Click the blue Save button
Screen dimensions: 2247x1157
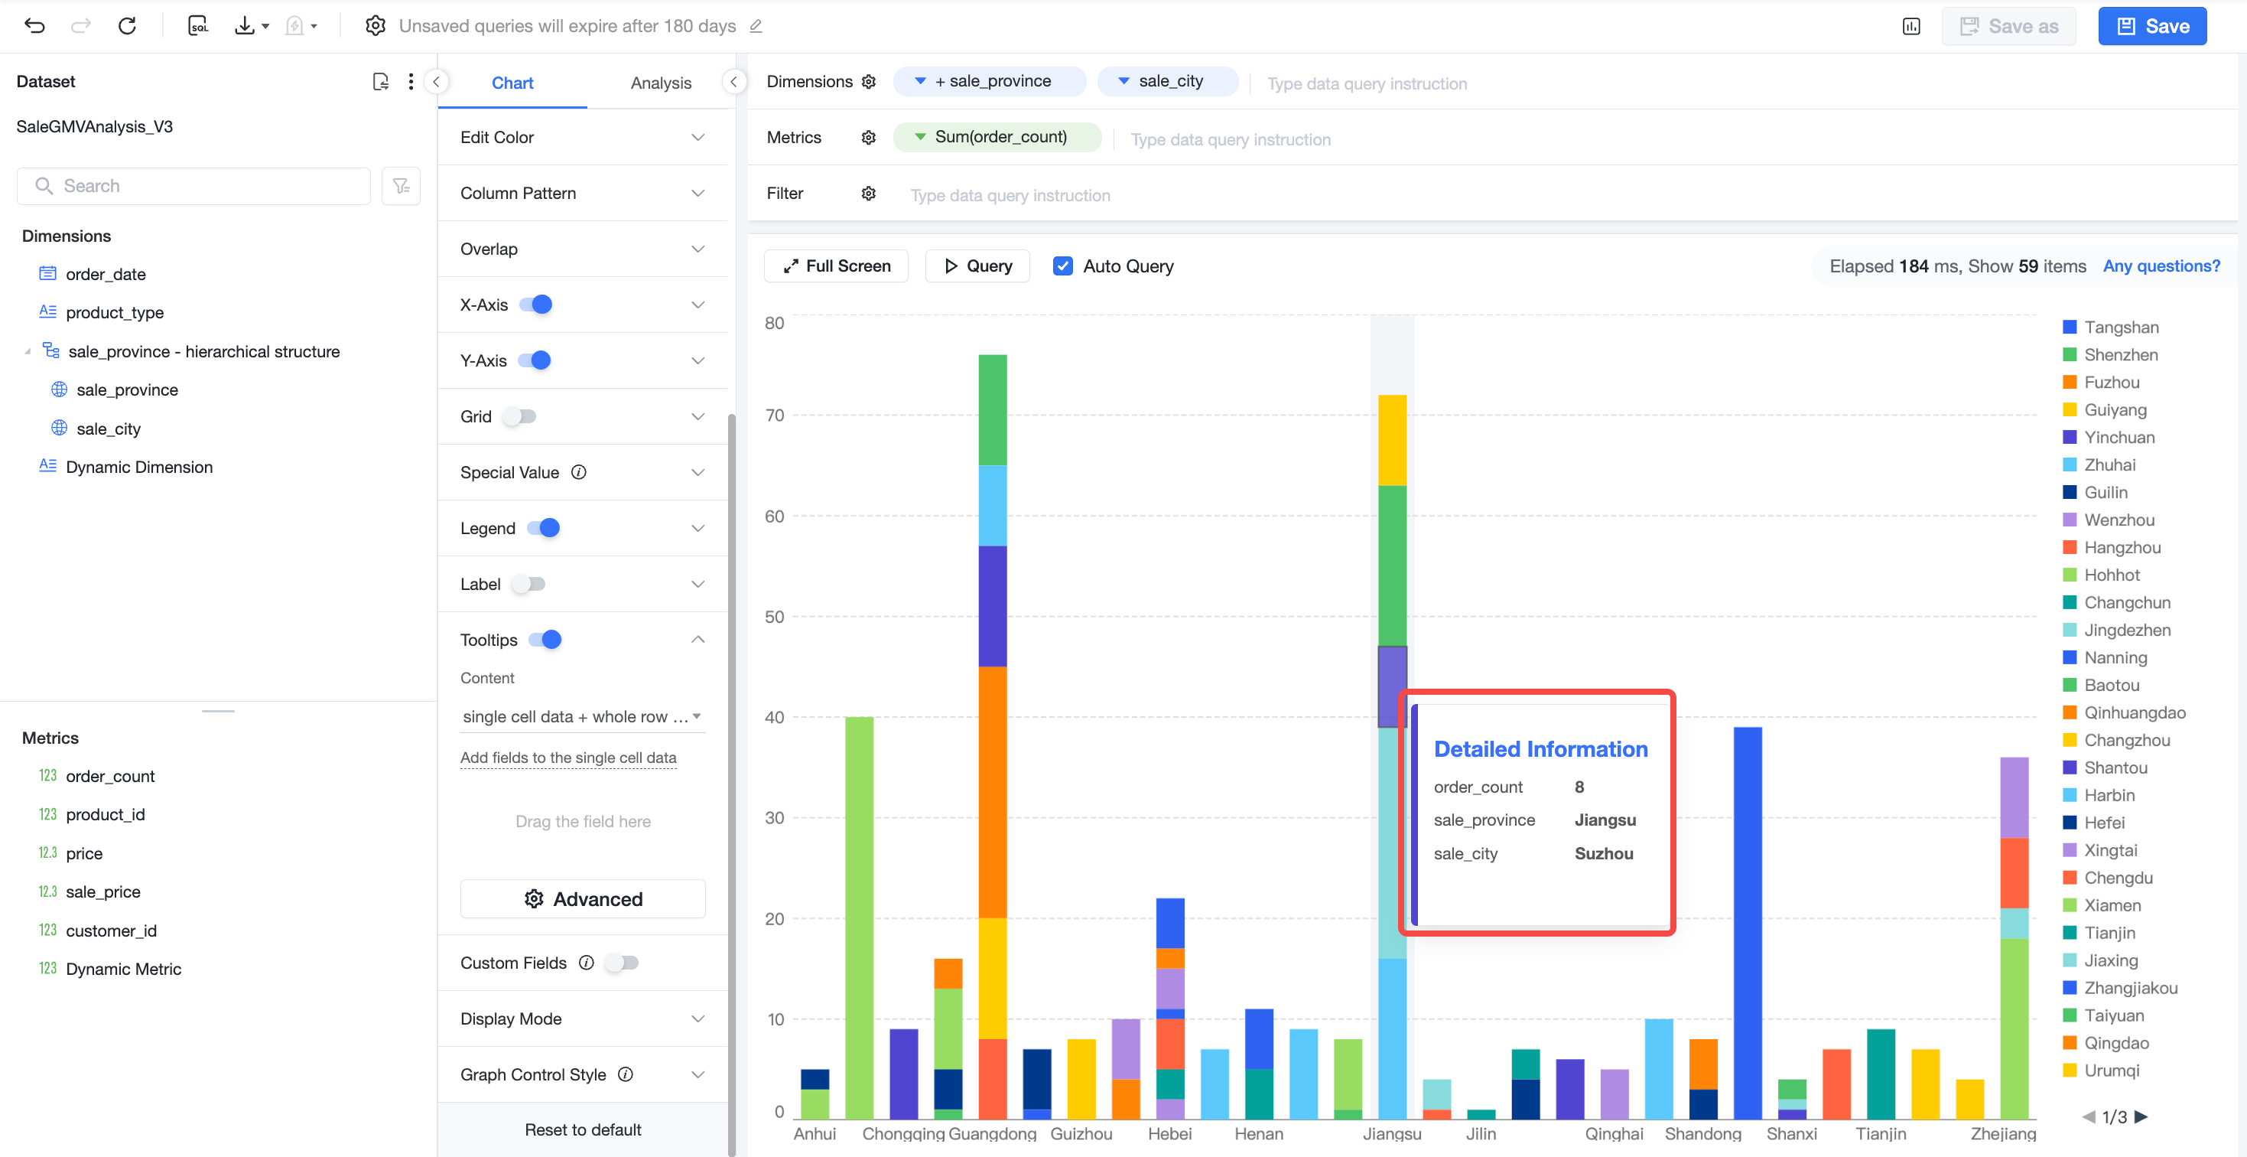(2152, 26)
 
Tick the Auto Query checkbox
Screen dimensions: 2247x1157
(1062, 266)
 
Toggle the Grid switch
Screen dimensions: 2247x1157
(520, 416)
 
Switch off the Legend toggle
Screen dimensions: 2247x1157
(544, 528)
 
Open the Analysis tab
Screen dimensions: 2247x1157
(660, 83)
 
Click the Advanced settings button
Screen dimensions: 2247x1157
(583, 898)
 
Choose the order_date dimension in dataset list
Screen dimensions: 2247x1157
(106, 274)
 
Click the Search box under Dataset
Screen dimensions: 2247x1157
(193, 186)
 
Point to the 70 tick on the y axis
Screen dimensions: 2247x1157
(775, 416)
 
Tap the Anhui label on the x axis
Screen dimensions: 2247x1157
(815, 1133)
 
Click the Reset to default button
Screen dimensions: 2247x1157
(583, 1130)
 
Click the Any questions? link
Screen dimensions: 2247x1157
(2161, 266)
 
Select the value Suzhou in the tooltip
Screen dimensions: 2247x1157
(1604, 853)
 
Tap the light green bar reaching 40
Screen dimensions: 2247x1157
(859, 918)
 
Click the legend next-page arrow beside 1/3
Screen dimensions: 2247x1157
(2141, 1117)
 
